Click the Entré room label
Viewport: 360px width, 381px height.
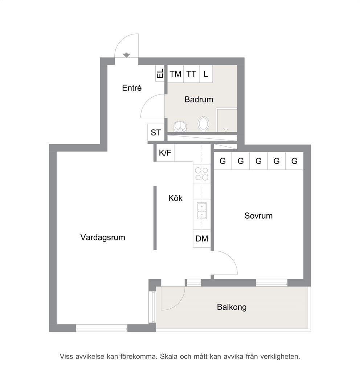(132, 88)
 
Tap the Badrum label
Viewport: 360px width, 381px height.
(199, 100)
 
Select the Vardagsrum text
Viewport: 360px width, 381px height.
(103, 238)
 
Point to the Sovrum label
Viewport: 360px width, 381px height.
(258, 216)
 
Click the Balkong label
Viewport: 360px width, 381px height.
(232, 307)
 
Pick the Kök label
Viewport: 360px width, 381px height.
(175, 198)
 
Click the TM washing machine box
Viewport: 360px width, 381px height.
(175, 74)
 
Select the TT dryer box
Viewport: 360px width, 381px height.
(191, 74)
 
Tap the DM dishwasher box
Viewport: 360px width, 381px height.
(202, 239)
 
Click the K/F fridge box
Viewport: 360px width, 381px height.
(165, 153)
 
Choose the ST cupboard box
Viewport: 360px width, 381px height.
(156, 133)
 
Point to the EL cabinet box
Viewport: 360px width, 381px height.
(160, 73)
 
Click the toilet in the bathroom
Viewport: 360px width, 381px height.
(203, 124)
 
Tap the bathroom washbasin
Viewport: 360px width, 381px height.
(180, 126)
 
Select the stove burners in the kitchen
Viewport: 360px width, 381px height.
(202, 174)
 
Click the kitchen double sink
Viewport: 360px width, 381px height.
(202, 210)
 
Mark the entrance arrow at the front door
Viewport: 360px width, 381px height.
(126, 55)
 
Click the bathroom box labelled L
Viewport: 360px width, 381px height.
(206, 74)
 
